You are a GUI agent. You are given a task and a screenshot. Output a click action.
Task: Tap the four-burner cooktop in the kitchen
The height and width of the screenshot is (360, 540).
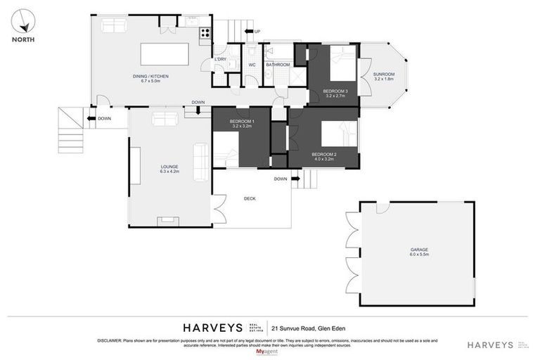[x=205, y=32]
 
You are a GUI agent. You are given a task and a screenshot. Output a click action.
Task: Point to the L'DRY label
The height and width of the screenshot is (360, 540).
[x=220, y=59]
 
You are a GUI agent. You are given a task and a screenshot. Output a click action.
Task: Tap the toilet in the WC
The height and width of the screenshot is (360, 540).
[x=252, y=51]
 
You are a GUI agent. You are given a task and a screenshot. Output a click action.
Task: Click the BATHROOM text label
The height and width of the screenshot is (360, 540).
[x=278, y=65]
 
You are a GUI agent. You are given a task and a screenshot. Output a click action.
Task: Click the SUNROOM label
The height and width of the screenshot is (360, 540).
[x=384, y=74]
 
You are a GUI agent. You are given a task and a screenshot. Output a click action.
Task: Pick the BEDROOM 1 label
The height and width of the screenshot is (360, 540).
[x=241, y=121]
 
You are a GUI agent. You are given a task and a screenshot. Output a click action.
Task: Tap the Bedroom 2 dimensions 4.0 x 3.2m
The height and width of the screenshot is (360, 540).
[x=323, y=159]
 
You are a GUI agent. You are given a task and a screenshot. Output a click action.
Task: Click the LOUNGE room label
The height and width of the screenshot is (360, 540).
[x=169, y=167]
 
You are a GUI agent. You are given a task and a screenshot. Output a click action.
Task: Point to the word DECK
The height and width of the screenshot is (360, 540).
[x=250, y=198]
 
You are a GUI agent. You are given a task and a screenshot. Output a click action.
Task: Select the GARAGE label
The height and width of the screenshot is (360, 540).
[x=419, y=250]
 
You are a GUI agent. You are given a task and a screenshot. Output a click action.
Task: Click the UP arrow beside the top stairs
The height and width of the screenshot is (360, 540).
[x=257, y=31]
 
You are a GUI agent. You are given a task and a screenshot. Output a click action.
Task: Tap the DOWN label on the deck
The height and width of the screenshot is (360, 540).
[x=281, y=179]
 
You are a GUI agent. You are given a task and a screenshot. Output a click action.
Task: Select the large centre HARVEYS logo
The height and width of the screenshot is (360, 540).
[x=212, y=328]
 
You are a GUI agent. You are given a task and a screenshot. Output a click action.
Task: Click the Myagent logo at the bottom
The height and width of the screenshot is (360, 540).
[x=266, y=350]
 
